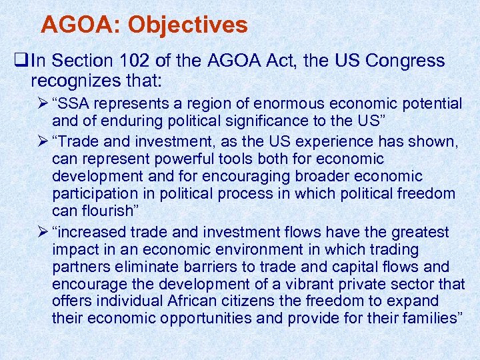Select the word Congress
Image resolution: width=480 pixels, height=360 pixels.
(x=405, y=61)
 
